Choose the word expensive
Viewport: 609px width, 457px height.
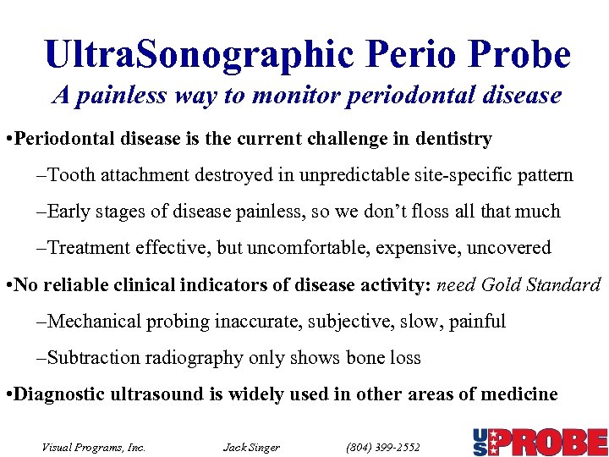(395, 248)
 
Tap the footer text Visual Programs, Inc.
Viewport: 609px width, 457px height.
(94, 447)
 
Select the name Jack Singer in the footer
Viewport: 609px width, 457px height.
(251, 447)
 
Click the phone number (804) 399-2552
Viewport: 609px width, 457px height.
(383, 447)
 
